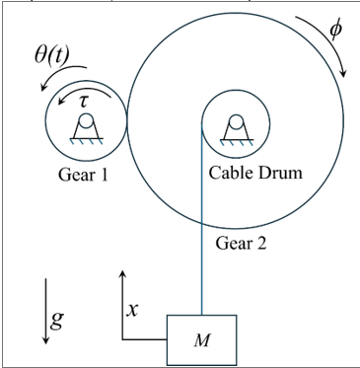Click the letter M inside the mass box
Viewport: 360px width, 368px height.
tap(202, 341)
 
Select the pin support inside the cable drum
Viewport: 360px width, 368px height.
tap(235, 126)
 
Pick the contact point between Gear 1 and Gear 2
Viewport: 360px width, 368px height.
tap(126, 121)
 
